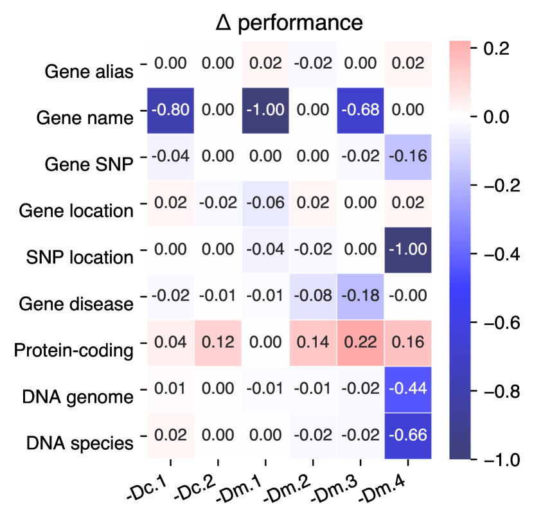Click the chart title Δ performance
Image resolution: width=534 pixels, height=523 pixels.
[x=289, y=22]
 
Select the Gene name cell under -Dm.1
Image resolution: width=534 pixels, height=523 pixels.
[x=265, y=110]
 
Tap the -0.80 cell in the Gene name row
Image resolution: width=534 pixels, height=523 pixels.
[x=171, y=110]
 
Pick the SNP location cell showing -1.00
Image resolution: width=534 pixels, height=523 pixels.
[x=407, y=249]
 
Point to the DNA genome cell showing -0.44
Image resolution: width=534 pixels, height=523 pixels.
[x=407, y=389]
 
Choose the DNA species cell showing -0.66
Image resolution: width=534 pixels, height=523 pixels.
[x=407, y=436]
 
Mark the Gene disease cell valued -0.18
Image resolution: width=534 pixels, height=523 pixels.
[x=360, y=296]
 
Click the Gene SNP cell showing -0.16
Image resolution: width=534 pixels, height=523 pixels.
[x=407, y=156]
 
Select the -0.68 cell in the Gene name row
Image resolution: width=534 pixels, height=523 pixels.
[x=360, y=110]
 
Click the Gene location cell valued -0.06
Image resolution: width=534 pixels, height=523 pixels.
[x=265, y=203]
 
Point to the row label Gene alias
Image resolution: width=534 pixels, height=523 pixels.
[x=89, y=71]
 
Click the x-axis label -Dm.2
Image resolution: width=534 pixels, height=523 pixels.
[x=298, y=488]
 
